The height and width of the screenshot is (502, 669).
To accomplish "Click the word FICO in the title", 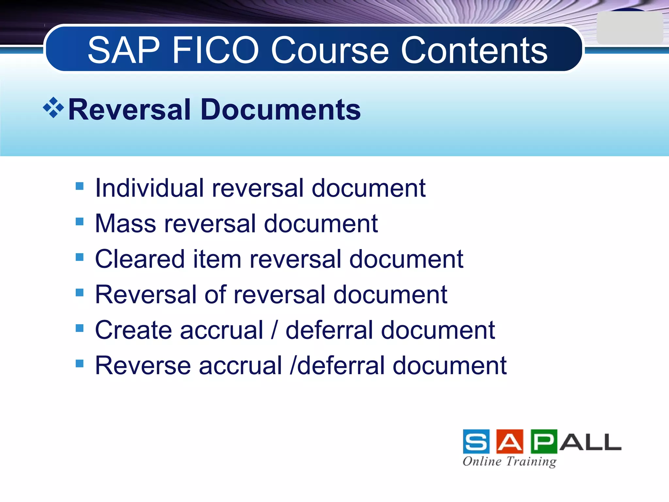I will click(x=215, y=50).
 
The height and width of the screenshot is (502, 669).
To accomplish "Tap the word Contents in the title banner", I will click(x=474, y=50).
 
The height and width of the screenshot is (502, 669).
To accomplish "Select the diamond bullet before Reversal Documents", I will click(x=53, y=108).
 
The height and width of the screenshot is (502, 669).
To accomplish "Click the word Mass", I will click(x=126, y=224).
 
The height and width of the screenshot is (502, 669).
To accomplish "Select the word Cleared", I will click(x=140, y=259).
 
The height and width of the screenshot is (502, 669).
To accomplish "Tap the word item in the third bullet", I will click(x=217, y=259).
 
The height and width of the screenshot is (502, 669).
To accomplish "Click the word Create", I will click(x=133, y=330).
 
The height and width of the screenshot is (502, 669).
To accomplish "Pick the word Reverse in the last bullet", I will click(x=143, y=365).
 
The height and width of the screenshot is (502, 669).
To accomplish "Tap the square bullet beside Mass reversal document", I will click(x=79, y=222).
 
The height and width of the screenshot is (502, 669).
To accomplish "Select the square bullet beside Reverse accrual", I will click(x=79, y=363).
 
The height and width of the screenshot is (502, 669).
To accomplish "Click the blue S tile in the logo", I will click(x=476, y=442).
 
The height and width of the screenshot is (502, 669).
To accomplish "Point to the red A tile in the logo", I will click(x=510, y=442).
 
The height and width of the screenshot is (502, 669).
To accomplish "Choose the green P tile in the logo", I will click(x=544, y=442).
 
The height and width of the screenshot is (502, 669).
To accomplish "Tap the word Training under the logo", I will click(x=531, y=461).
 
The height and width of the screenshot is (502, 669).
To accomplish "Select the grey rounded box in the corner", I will click(x=629, y=28).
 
